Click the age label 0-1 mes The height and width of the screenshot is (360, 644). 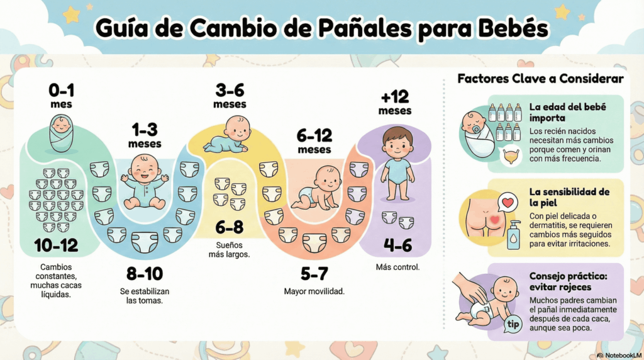62,97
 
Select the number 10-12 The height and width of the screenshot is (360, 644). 56,245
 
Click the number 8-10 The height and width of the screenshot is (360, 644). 145,274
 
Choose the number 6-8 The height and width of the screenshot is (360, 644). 229,227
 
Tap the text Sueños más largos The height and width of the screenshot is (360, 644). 229,249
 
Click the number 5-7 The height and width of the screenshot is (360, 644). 314,274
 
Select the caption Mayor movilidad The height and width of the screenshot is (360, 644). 314,291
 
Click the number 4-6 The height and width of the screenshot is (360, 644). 397,245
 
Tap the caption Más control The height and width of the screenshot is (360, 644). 397,267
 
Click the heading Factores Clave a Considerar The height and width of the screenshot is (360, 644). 540,79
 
